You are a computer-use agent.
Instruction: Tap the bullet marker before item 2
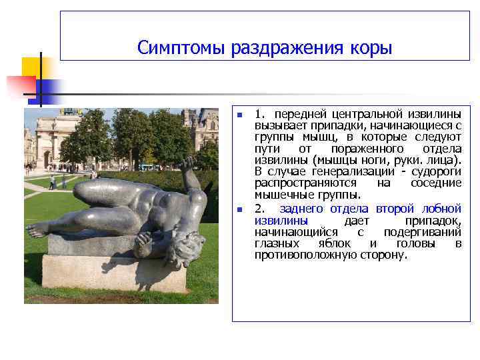point(239,209)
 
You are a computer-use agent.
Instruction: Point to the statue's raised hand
point(188,162)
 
